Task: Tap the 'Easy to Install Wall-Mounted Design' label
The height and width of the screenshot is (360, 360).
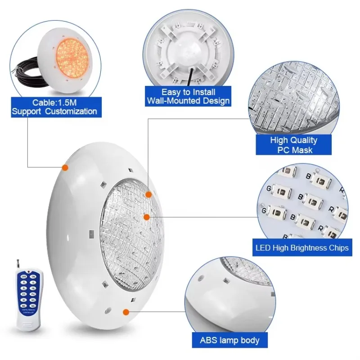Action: pyautogui.click(x=188, y=96)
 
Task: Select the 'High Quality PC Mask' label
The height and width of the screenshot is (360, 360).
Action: pyautogui.click(x=293, y=145)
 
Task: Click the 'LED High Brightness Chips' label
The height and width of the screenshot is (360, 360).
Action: pyautogui.click(x=302, y=248)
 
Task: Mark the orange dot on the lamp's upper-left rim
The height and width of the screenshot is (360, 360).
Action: pyautogui.click(x=65, y=167)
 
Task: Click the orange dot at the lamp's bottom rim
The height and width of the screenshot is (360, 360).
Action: pyautogui.click(x=126, y=311)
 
